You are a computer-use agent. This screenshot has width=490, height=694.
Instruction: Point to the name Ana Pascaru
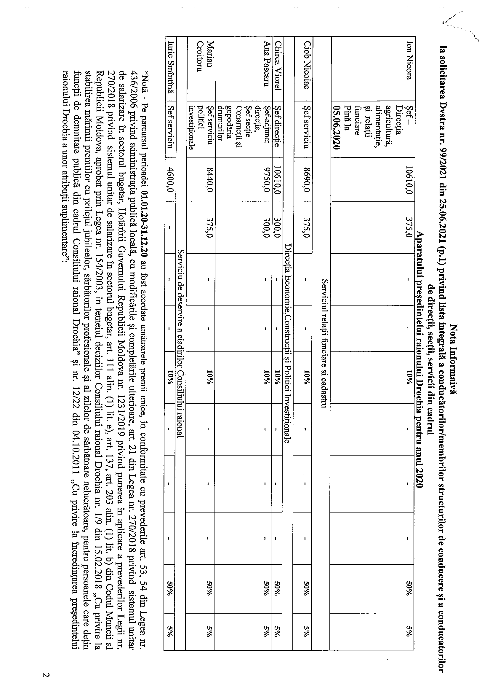(x=266, y=67)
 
